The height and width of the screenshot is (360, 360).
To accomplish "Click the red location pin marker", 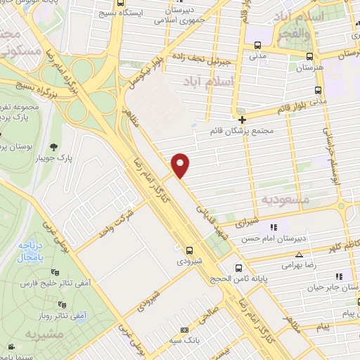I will (181, 165).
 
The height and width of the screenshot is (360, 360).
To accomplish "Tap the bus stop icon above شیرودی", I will (188, 250).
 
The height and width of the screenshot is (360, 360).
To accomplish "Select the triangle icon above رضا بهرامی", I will (300, 255).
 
